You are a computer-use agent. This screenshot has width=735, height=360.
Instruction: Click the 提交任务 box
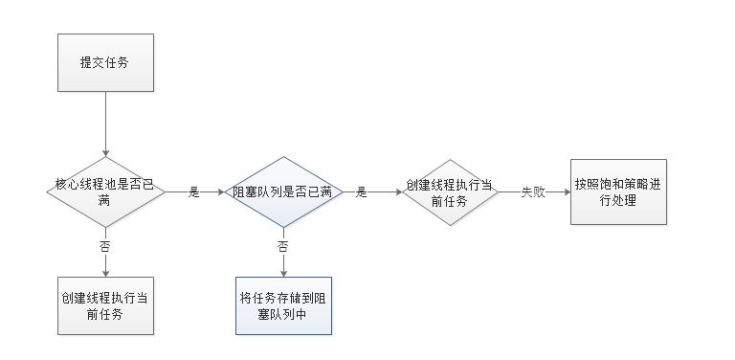point(105,62)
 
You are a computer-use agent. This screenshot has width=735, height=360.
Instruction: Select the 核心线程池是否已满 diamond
point(105,191)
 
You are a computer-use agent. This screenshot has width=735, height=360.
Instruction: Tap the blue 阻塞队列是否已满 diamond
point(283,191)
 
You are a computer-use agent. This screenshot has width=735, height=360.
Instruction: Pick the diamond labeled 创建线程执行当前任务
point(449,191)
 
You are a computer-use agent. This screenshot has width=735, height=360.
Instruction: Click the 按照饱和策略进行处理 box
point(618,191)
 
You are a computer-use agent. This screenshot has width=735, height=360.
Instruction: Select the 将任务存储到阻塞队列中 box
point(283,304)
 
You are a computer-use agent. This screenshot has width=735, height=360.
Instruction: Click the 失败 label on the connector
point(532,191)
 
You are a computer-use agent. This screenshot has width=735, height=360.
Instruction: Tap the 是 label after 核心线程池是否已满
point(194,191)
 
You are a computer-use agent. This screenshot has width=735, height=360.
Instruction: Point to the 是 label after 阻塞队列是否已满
point(362,191)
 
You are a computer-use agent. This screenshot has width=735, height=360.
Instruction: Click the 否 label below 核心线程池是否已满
point(105,246)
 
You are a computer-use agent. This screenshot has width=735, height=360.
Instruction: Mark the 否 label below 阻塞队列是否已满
point(283,246)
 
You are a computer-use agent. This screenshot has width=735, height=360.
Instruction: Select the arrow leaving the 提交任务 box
point(105,124)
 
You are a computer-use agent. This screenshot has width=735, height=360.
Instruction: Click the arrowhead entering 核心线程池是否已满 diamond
point(105,152)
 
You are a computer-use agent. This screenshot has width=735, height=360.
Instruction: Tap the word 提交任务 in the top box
point(105,62)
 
